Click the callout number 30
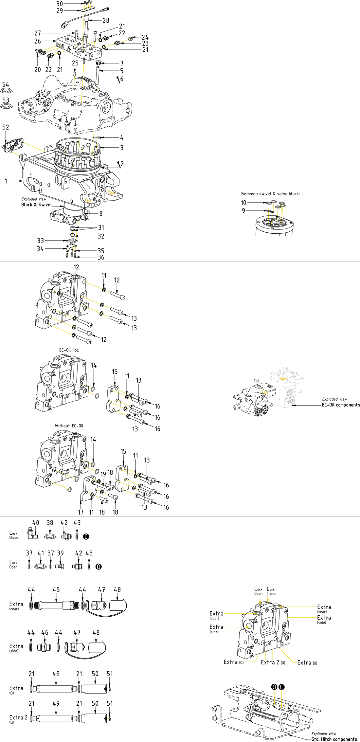(60, 4)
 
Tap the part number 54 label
(6, 85)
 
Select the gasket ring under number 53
(6, 106)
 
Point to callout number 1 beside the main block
(6, 181)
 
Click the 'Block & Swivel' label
(36, 205)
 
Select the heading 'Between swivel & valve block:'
(270, 194)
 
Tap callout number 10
(243, 203)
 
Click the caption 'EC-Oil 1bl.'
(69, 350)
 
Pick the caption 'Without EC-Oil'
(69, 426)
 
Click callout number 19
(103, 474)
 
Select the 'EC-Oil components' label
(341, 405)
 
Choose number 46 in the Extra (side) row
(45, 633)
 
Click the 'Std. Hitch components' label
(334, 739)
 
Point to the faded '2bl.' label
(285, 369)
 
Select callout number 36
(101, 258)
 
